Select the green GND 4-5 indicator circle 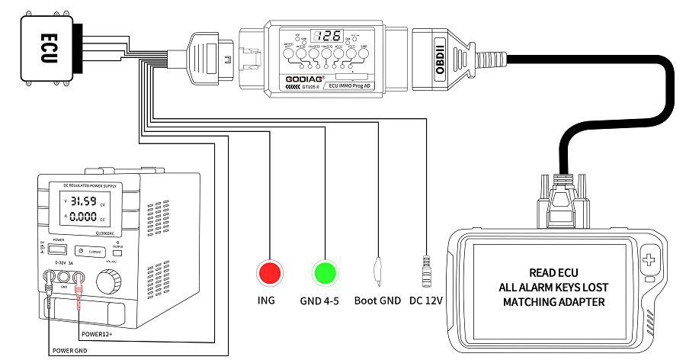tap(325, 272)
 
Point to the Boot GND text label tap(377, 301)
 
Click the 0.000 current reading tap(83, 217)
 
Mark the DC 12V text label tap(426, 301)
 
